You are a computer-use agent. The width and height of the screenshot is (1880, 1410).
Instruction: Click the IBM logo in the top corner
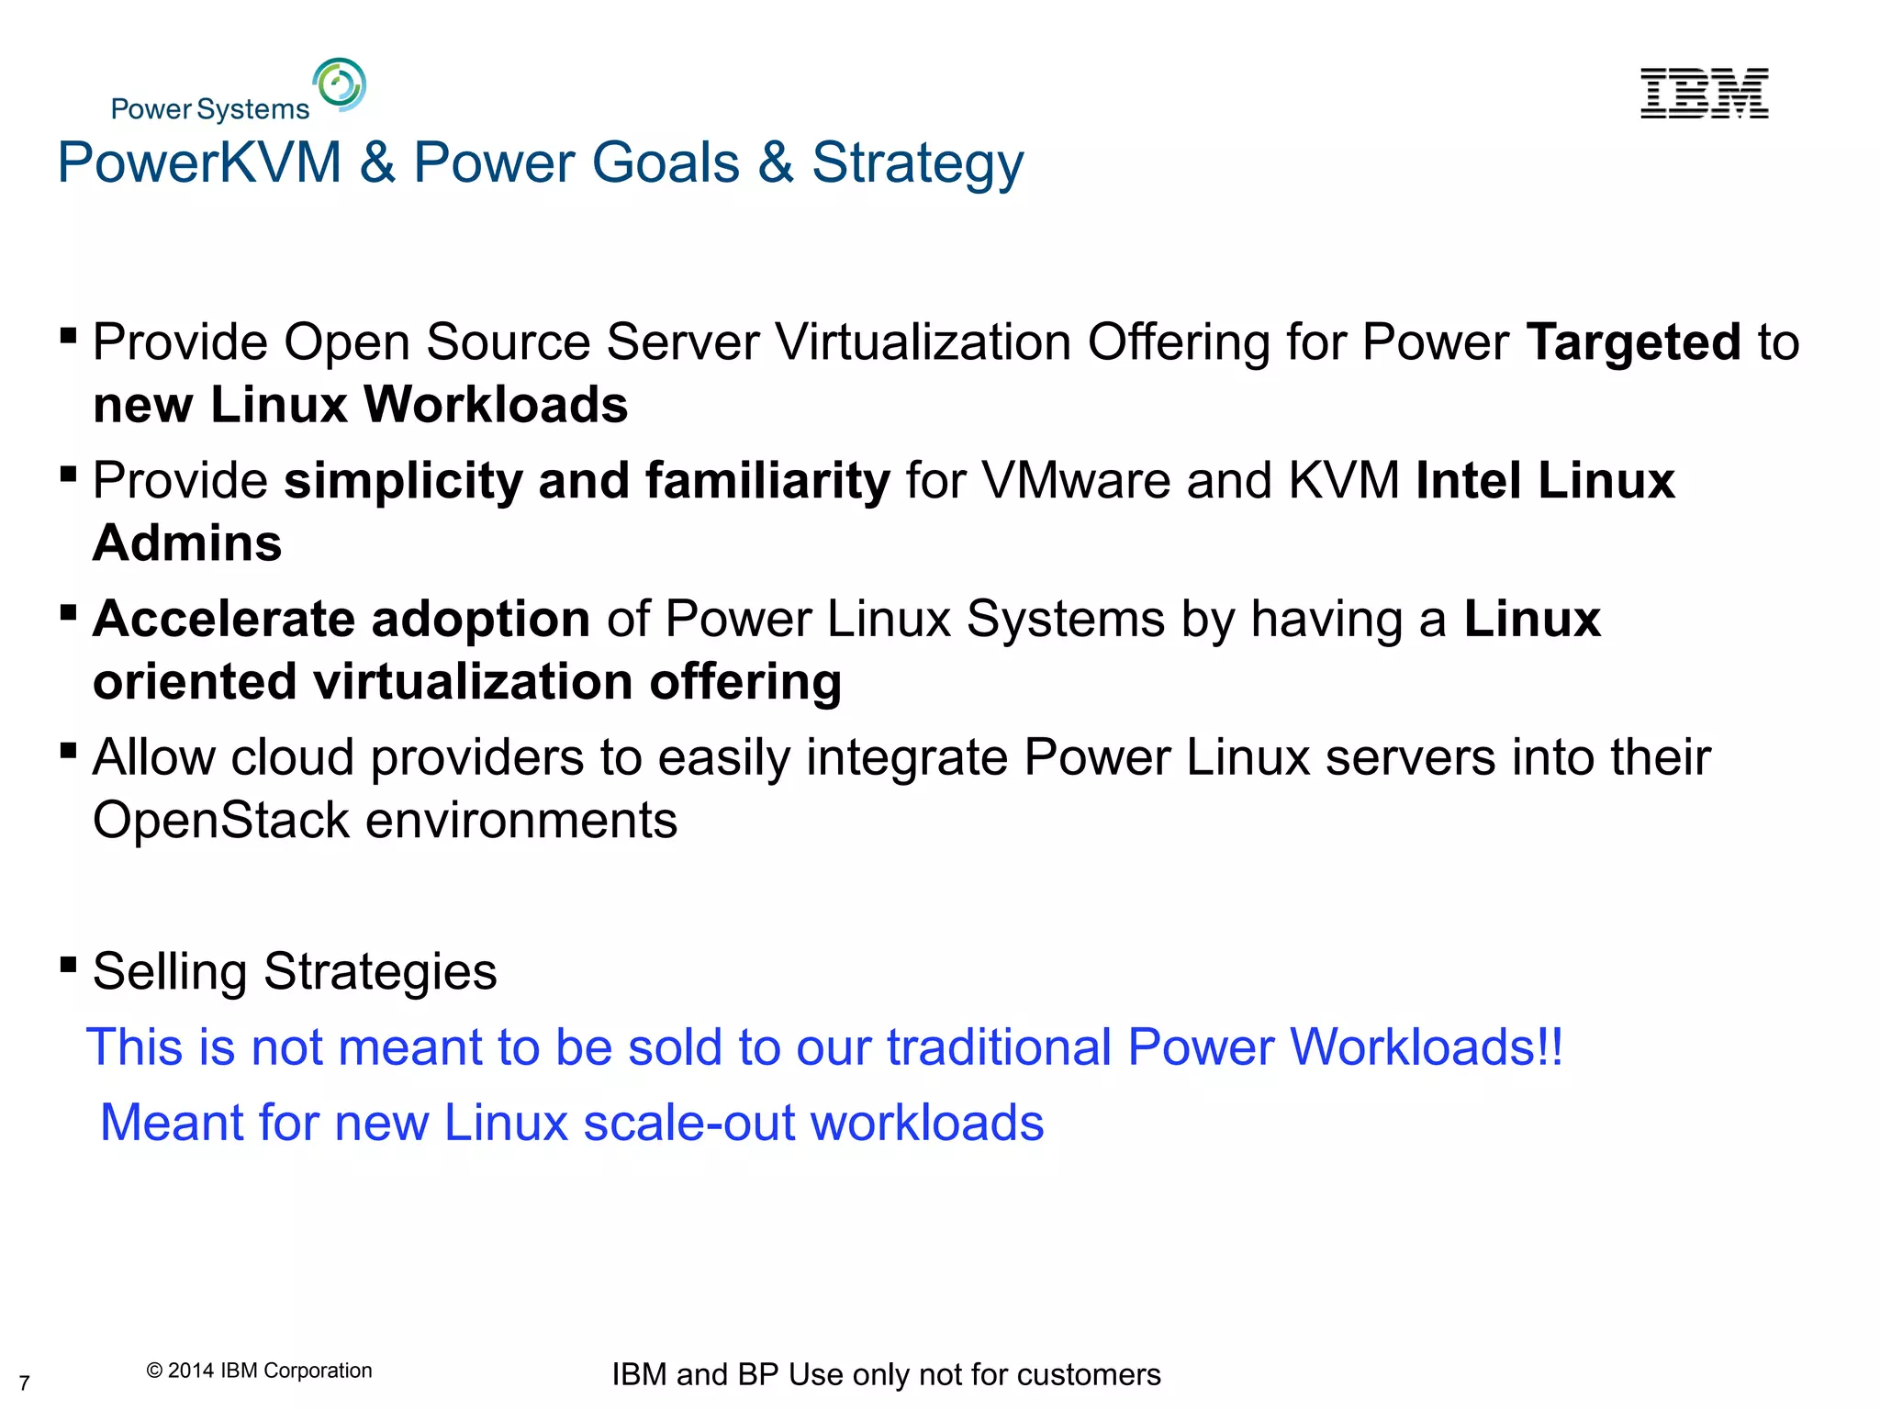point(1704,93)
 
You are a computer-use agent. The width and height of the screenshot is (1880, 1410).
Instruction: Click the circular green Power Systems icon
point(340,84)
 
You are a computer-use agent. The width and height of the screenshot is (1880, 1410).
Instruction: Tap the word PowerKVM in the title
point(199,162)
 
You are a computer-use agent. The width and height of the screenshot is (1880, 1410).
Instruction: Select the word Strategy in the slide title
point(917,164)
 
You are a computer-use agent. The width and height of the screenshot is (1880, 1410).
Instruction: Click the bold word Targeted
point(1633,341)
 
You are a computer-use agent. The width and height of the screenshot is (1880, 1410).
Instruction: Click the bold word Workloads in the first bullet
point(496,404)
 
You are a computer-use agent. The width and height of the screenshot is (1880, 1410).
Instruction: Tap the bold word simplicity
point(403,481)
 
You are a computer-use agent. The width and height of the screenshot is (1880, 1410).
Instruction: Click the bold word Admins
point(187,543)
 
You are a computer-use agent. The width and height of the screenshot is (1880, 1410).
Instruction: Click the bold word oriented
point(195,681)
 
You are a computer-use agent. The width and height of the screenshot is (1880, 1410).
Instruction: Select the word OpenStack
point(221,820)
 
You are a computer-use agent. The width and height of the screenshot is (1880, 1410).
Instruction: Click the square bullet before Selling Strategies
point(68,964)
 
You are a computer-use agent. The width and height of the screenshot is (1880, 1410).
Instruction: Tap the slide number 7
point(25,1382)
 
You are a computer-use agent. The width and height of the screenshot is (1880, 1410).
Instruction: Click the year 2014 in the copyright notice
point(190,1371)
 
